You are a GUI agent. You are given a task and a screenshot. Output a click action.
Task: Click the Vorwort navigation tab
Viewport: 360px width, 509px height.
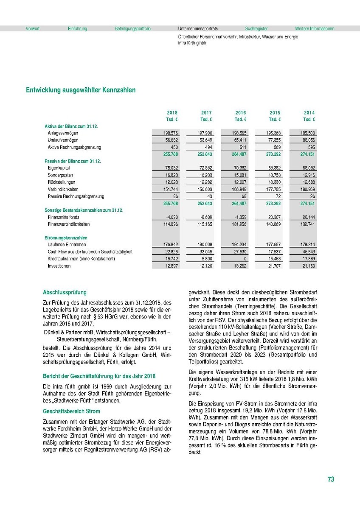[x=33, y=29]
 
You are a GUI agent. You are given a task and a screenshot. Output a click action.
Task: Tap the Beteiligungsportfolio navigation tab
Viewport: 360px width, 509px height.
[x=132, y=29]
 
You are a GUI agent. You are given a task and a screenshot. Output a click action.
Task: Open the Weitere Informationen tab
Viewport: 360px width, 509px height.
[x=315, y=29]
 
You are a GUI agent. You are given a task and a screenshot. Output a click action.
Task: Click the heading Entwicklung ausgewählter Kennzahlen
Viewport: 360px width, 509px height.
[x=81, y=90]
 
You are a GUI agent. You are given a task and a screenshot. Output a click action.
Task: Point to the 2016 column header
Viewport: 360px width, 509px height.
[x=241, y=112]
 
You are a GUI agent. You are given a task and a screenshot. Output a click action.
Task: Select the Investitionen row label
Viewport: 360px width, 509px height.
[x=59, y=266]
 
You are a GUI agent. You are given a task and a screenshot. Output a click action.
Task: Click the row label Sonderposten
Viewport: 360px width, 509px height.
[x=60, y=175]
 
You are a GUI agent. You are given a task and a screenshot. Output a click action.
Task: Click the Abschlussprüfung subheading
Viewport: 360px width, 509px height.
[x=65, y=292]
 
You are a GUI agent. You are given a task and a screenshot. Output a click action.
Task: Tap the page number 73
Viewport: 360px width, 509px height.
[x=331, y=479]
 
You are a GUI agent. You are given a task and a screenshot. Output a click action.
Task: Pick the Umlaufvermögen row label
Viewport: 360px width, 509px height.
[x=63, y=140]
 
